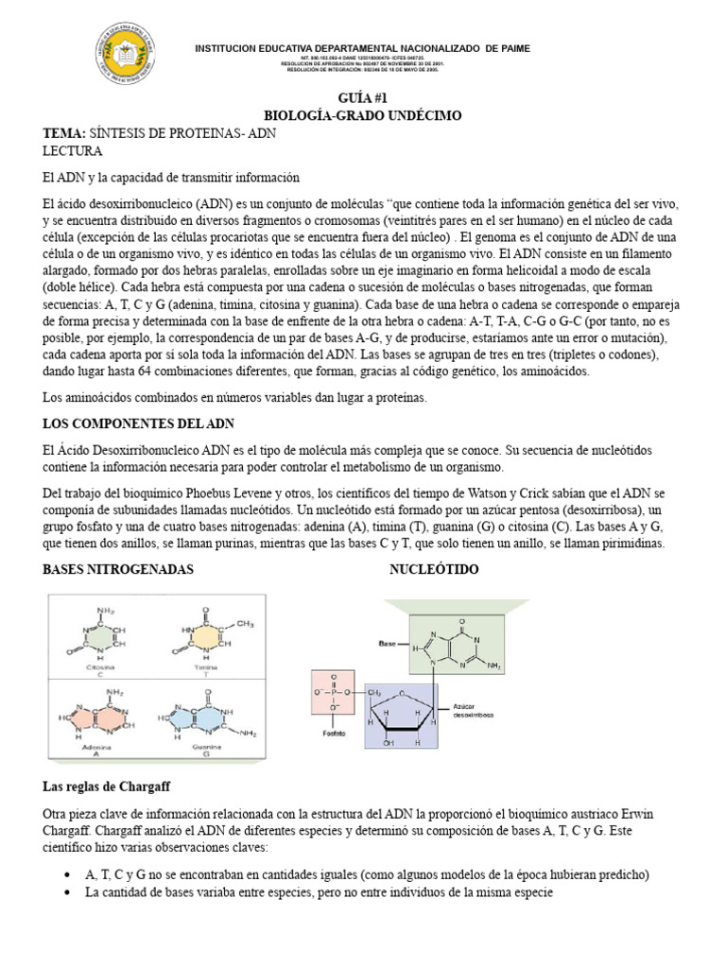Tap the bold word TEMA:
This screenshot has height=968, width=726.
click(x=64, y=133)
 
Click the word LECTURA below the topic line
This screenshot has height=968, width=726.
click(x=73, y=151)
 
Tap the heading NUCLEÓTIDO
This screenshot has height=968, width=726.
click(x=434, y=569)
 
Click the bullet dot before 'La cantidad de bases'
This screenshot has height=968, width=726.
click(x=66, y=892)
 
